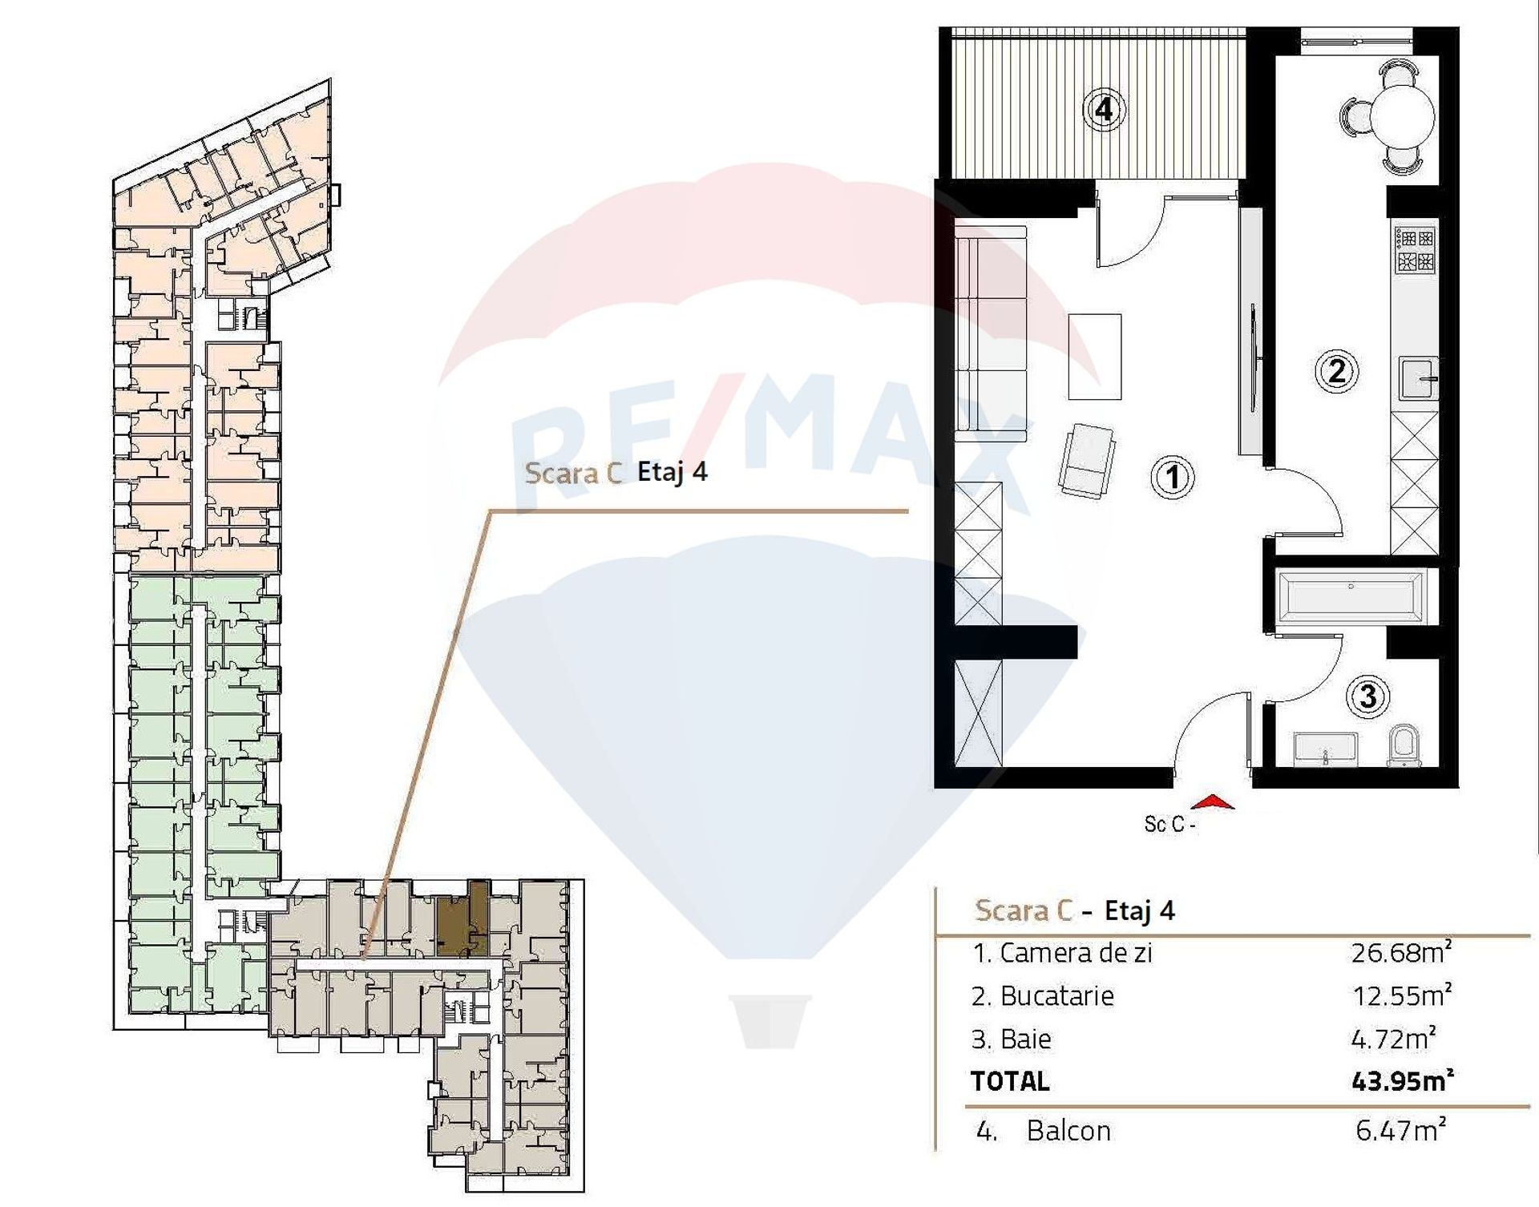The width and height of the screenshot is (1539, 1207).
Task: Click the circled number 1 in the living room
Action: (x=1173, y=478)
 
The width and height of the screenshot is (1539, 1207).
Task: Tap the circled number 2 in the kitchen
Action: (x=1336, y=371)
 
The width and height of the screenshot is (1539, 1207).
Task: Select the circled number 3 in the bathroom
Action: (x=1368, y=696)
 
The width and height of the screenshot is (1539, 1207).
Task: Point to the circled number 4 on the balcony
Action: (x=1104, y=109)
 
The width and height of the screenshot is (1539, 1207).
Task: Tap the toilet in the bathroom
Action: (x=1404, y=746)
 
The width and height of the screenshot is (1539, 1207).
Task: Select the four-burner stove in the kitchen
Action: (x=1416, y=250)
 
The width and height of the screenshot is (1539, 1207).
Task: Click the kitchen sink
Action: (x=1419, y=377)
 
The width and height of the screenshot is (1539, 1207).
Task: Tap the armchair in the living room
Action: (x=1086, y=461)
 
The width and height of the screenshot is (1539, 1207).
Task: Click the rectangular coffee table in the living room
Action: (x=1094, y=357)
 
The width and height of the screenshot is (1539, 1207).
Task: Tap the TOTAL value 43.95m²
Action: (x=1403, y=1081)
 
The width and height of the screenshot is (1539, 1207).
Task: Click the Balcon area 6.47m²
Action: (x=1401, y=1130)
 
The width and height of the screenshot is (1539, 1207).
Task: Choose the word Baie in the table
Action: (x=1025, y=1039)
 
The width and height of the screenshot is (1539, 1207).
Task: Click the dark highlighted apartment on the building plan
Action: (x=463, y=922)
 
